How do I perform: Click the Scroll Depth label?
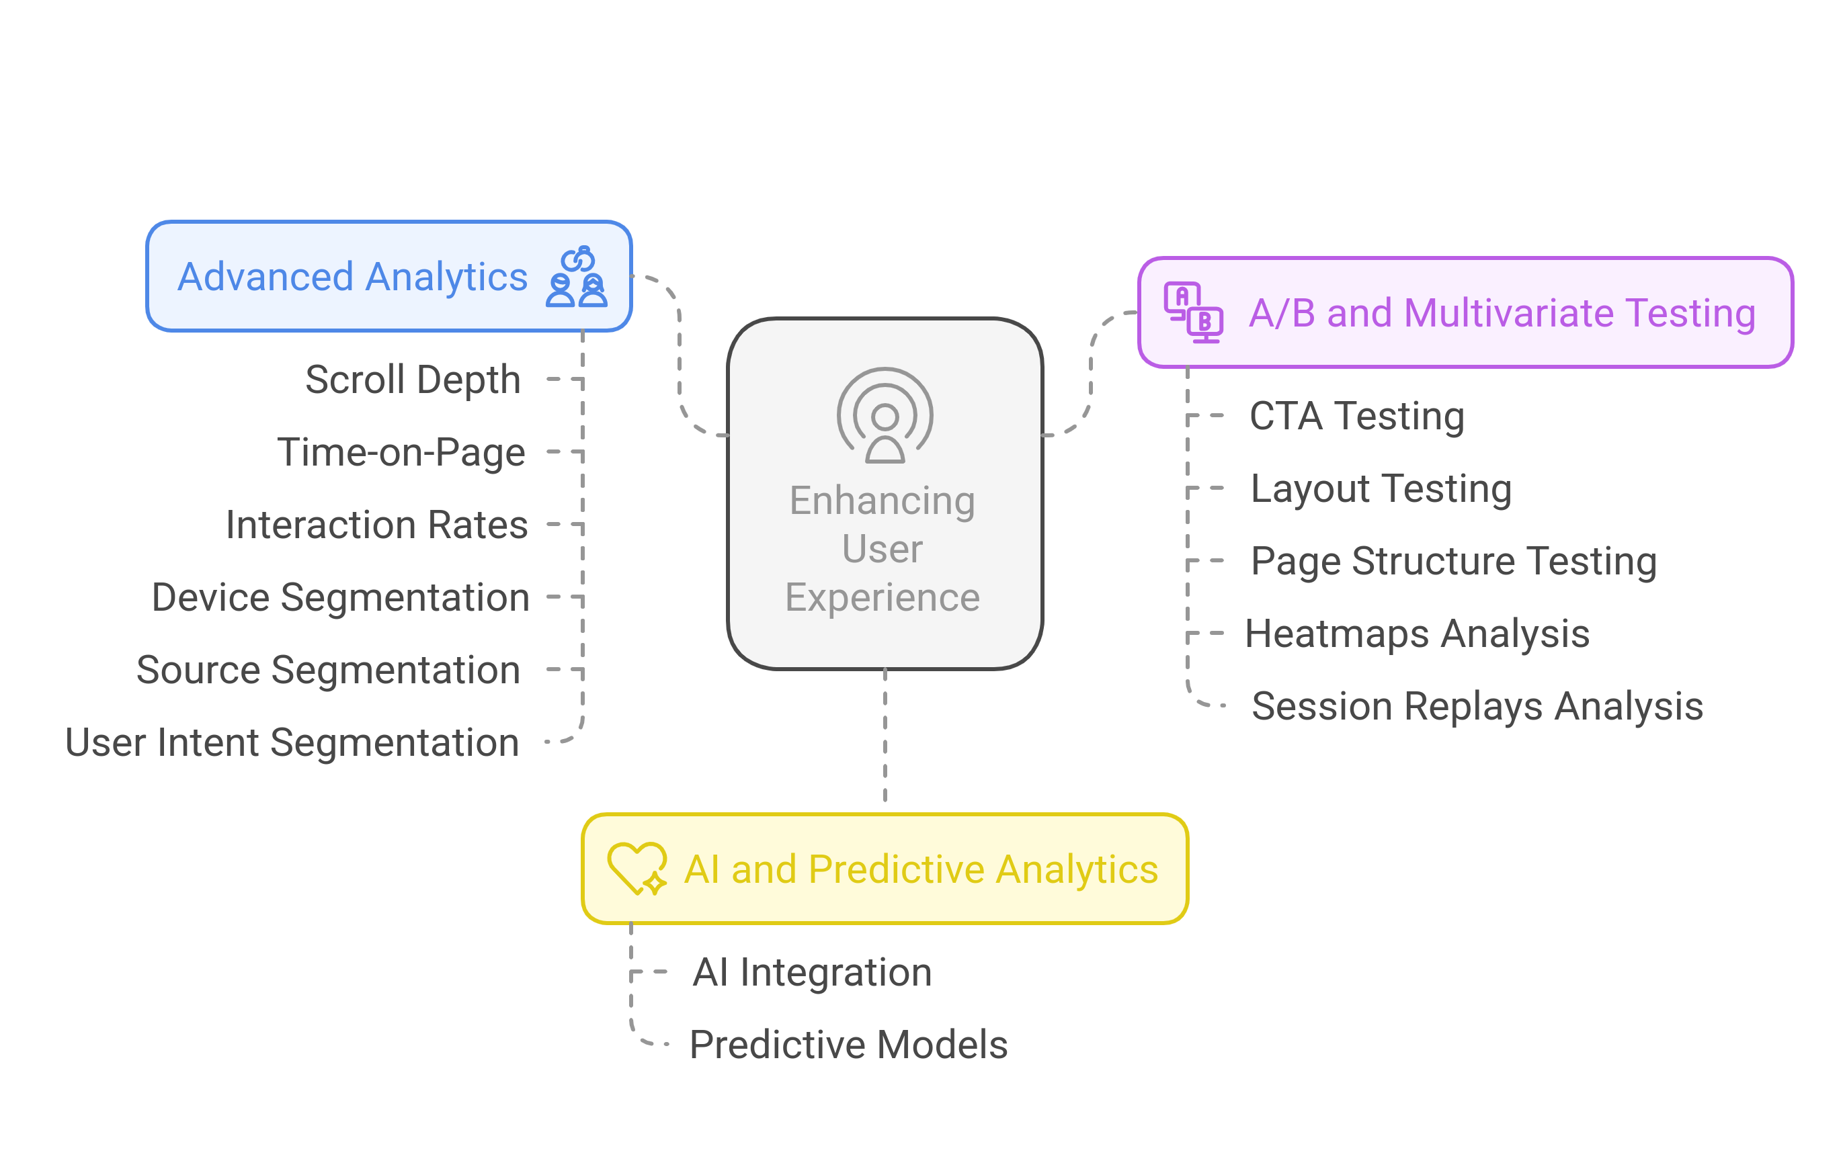pos(413,380)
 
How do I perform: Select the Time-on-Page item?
pos(401,452)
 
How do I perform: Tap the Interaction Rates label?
pos(376,525)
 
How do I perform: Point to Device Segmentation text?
pos(341,598)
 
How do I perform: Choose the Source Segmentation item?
pos(329,671)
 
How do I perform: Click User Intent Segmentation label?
pos(292,743)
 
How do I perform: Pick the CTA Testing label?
pos(1356,417)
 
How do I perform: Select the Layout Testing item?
pos(1380,489)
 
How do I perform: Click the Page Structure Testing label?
pos(1452,562)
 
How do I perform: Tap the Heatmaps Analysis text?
pos(1417,634)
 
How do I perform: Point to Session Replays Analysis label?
pos(1477,706)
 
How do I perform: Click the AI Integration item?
pos(812,973)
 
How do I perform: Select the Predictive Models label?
pos(848,1045)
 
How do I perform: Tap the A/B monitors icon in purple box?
pos(1192,312)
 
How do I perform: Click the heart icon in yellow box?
pos(636,869)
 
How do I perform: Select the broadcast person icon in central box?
pos(885,415)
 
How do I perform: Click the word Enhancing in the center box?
pos(882,501)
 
